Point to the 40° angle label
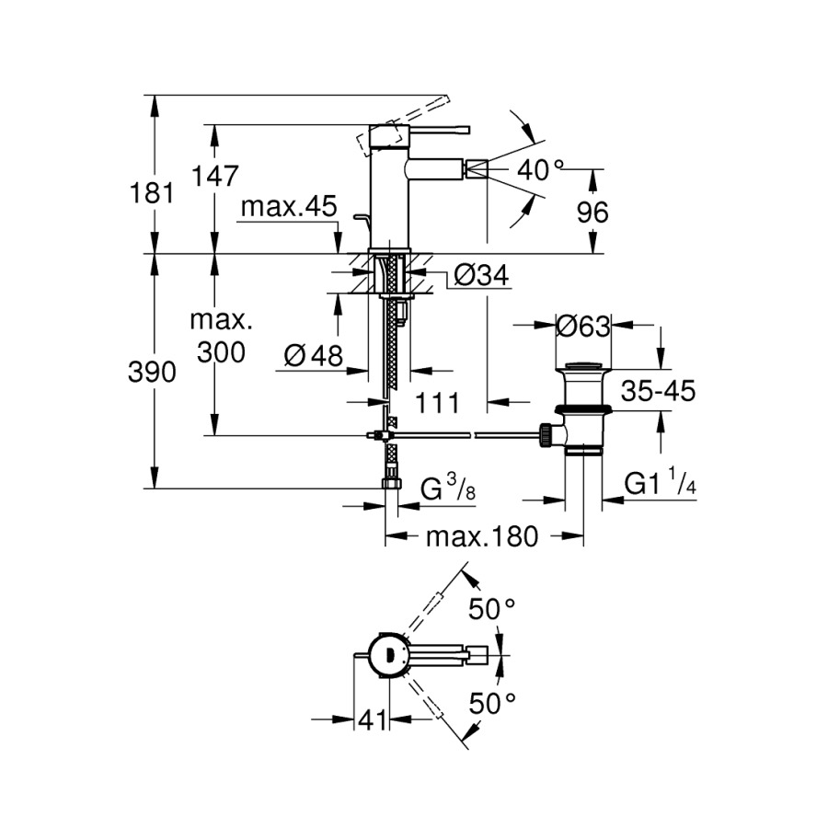[540, 170]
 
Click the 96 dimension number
[592, 213]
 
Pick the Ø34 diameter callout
[481, 274]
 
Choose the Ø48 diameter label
[313, 355]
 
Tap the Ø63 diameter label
[583, 326]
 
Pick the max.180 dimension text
[481, 536]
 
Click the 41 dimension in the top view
[372, 719]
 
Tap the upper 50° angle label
[492, 608]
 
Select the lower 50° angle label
[492, 705]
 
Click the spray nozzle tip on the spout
[476, 167]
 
